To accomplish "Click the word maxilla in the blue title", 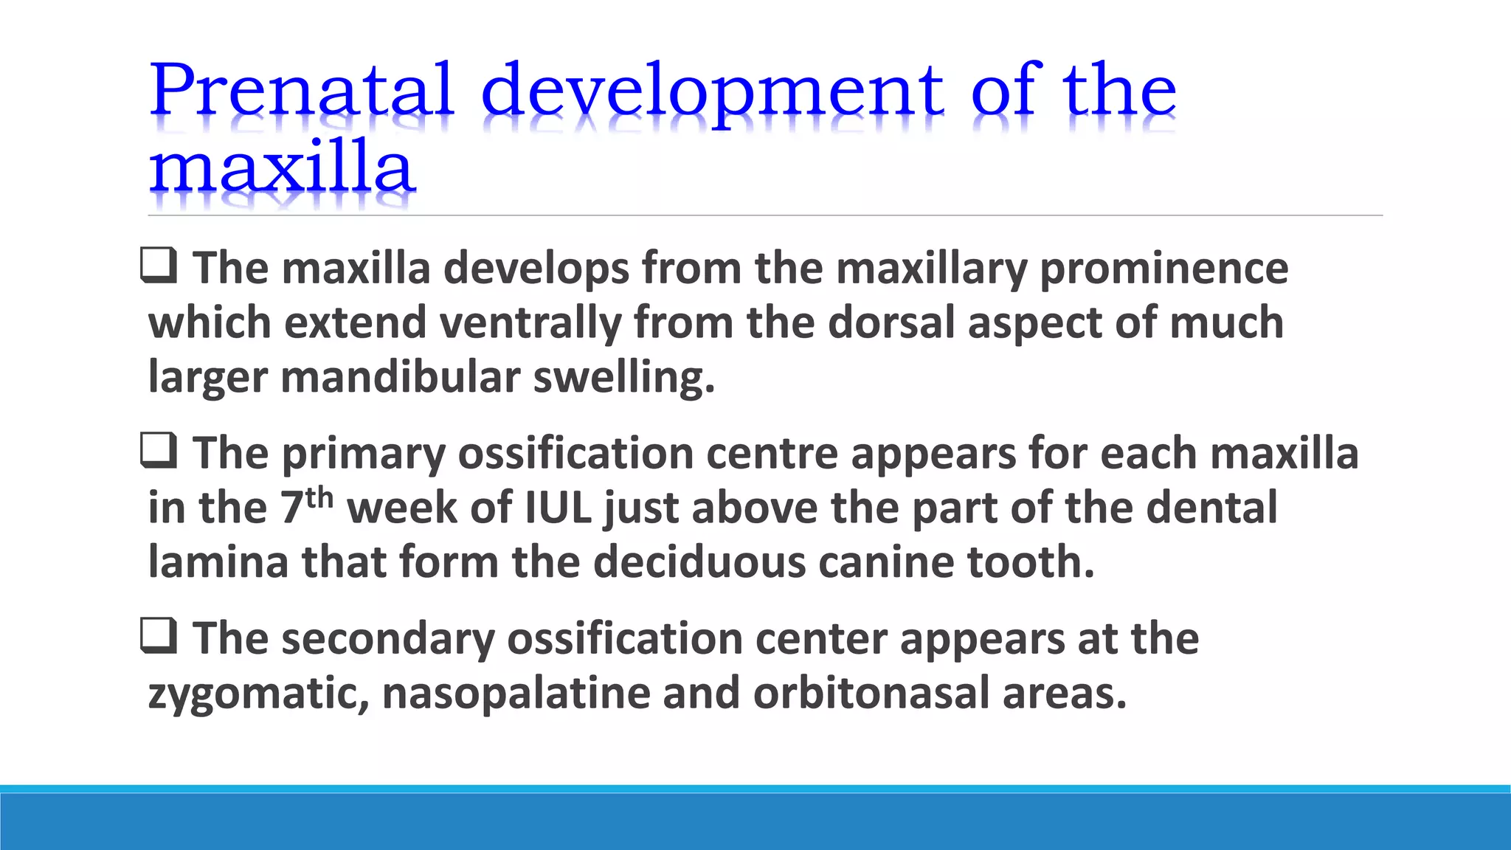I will [282, 168].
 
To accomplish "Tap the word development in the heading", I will [712, 91].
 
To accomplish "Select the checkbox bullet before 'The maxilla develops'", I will [159, 266].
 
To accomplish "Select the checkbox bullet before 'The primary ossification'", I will [159, 452].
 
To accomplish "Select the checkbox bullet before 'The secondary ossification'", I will [159, 637].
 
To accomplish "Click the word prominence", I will [1163, 268].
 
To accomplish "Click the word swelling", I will [623, 377].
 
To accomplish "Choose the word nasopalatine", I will [516, 694].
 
